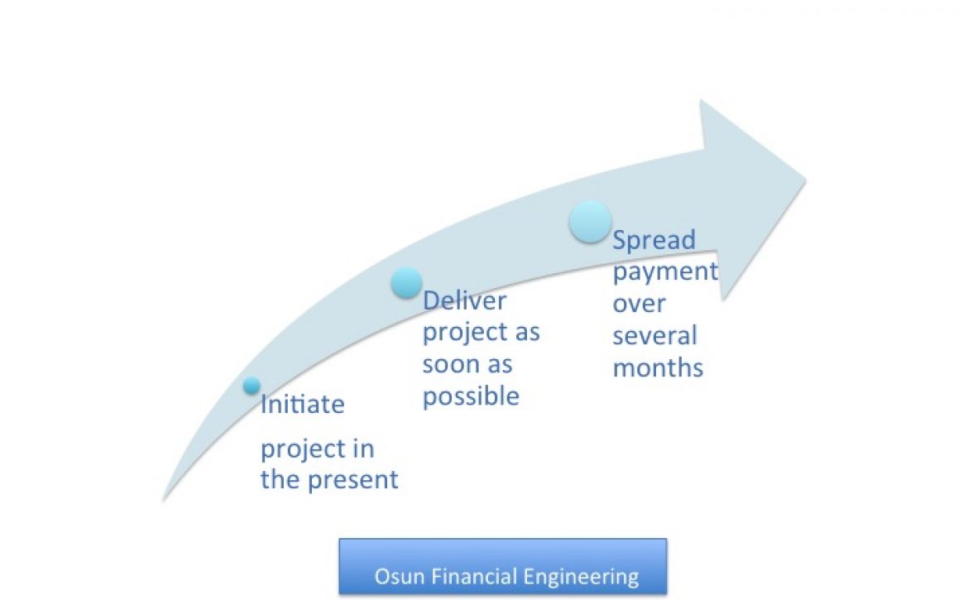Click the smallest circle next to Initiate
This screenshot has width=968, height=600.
coord(252,385)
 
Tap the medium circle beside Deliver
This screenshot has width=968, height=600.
coord(406,283)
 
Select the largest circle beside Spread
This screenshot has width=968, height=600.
coord(590,222)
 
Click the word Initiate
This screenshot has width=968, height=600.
coord(303,405)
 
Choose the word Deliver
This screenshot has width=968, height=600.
coord(464,300)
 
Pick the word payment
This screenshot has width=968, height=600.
coord(665,271)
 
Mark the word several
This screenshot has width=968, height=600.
coord(654,336)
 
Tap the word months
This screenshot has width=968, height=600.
coord(658,368)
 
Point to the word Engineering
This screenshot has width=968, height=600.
coord(581,578)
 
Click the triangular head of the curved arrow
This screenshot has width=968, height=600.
coord(753,198)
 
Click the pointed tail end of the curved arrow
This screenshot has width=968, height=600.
coord(163,501)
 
